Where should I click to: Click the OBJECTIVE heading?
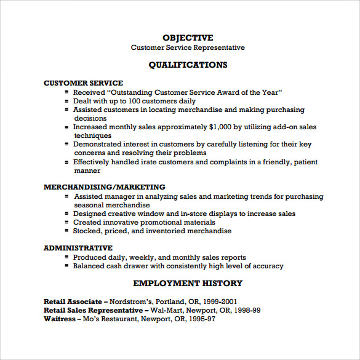188,38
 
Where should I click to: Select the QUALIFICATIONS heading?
188,65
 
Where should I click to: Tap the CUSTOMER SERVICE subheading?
83,83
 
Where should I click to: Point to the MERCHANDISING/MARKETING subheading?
105,186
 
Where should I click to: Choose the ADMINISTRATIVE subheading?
78,248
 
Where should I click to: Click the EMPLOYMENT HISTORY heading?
188,283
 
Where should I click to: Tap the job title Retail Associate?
73,302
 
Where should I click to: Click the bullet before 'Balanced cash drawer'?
66,266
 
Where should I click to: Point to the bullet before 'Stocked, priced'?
66,231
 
